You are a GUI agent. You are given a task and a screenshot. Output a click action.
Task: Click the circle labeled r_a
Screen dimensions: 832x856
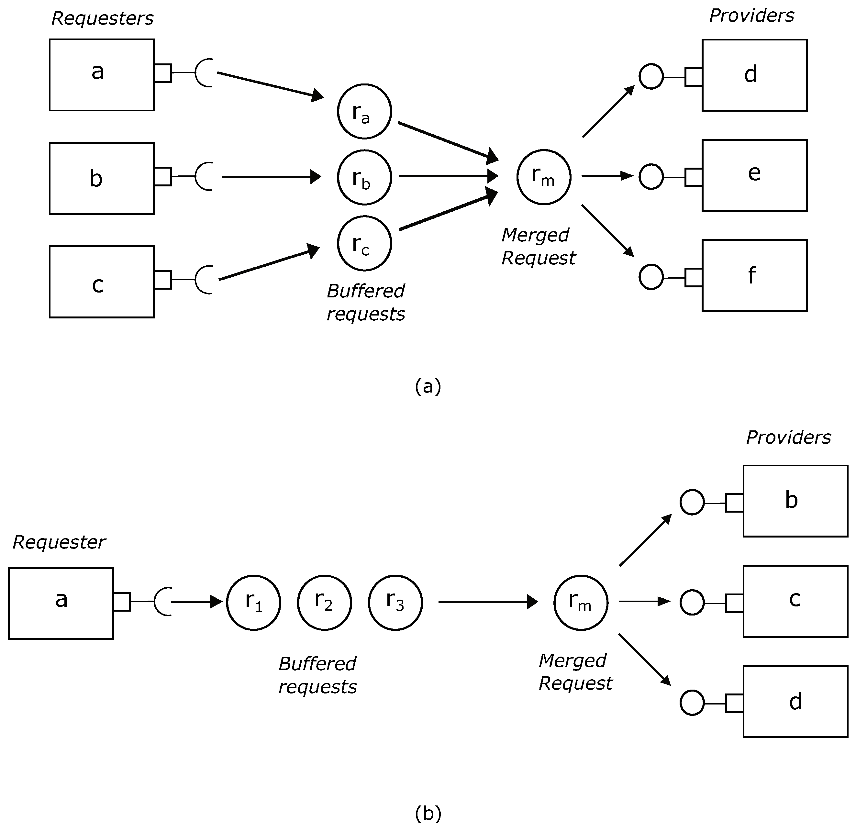click(364, 111)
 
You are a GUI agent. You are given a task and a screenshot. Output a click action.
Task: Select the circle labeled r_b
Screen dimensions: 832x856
click(364, 177)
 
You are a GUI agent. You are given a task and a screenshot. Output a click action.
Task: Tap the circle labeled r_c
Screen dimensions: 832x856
click(364, 243)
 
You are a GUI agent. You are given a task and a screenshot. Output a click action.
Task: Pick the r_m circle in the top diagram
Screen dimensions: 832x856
click(544, 177)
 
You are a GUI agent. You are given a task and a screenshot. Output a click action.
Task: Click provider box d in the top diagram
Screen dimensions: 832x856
click(754, 75)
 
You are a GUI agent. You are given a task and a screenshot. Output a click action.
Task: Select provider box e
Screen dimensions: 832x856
click(754, 175)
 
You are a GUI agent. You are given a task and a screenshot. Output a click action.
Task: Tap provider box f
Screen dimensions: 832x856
click(754, 275)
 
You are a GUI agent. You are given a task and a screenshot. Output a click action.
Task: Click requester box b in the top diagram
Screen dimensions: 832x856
click(101, 178)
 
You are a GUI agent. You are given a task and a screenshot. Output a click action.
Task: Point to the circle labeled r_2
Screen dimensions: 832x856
click(325, 602)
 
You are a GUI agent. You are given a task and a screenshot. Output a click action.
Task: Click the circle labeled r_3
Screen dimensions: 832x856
click(395, 602)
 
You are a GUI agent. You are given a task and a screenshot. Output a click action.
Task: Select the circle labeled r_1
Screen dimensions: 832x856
click(253, 602)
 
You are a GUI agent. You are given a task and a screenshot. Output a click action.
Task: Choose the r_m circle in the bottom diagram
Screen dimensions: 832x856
click(581, 602)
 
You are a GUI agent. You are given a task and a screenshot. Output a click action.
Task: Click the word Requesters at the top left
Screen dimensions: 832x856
click(102, 18)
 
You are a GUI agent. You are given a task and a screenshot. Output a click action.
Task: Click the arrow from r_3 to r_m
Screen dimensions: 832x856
click(487, 602)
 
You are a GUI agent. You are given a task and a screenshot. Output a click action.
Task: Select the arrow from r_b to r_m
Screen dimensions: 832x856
click(448, 176)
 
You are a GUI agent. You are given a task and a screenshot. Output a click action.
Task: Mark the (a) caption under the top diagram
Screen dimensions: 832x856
click(428, 386)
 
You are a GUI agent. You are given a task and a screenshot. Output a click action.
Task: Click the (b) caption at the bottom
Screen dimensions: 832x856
click(428, 813)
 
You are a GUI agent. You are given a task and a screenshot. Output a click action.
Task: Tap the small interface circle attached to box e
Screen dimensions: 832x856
click(651, 177)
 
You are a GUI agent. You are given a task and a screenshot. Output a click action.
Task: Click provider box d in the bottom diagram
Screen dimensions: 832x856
click(795, 701)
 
